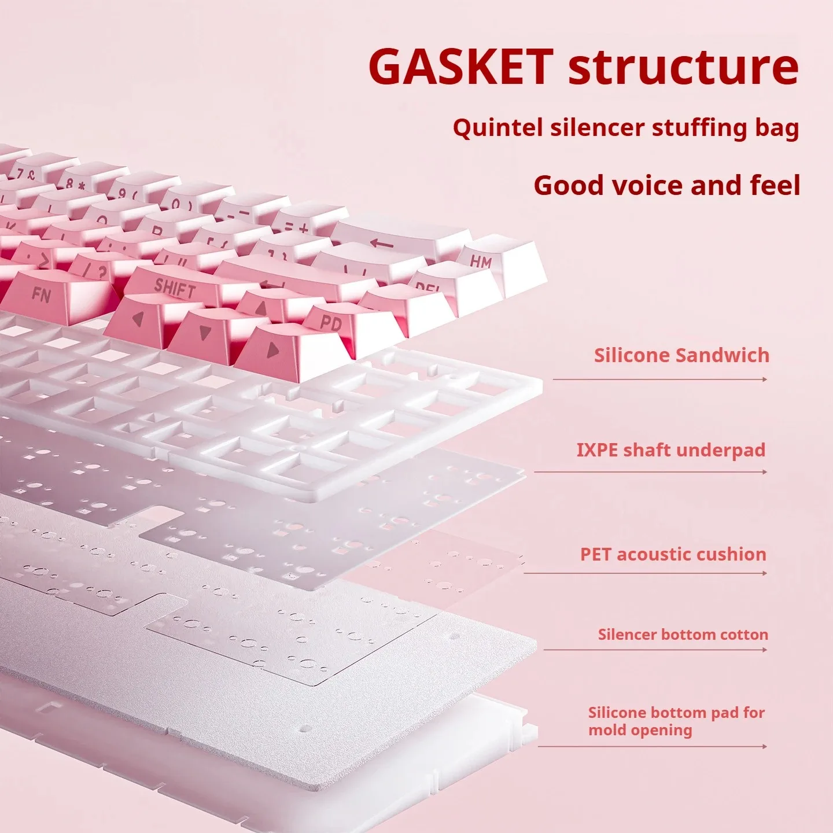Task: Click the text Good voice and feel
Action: coord(666,185)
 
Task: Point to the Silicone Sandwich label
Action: coord(681,355)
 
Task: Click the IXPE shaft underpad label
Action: coord(671,450)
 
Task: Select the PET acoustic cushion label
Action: coord(673,554)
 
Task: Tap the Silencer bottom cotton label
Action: coord(683,635)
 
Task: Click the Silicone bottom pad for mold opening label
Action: coord(676,721)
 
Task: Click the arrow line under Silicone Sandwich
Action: coord(660,379)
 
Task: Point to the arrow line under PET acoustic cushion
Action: coord(646,573)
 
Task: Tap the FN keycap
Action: coord(41,295)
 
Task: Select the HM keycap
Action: coord(481,261)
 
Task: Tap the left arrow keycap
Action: coord(138,319)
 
